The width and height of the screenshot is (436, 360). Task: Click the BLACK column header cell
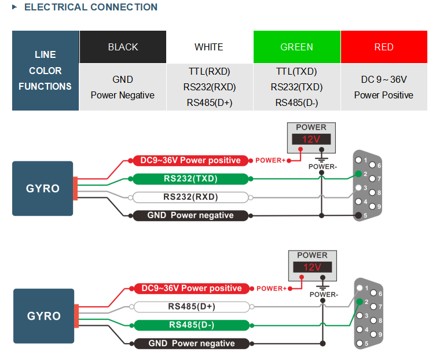(123, 47)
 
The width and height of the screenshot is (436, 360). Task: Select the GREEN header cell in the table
(296, 47)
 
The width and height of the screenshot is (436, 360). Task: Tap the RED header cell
(384, 47)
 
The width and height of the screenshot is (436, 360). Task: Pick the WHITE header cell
(209, 47)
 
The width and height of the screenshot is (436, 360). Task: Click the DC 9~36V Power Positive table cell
(384, 87)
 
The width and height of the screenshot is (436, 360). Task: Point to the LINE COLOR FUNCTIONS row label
(45, 71)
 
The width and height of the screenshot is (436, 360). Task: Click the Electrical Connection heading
(91, 7)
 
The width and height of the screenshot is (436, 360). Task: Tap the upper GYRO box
(42, 189)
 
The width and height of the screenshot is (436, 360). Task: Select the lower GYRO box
(43, 316)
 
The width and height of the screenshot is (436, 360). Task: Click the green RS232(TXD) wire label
(190, 179)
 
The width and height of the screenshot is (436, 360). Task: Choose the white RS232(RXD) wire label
(190, 197)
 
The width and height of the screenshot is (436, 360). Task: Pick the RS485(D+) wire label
(192, 307)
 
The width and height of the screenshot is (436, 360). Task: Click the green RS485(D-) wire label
(192, 325)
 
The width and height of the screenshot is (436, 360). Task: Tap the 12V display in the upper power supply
(311, 139)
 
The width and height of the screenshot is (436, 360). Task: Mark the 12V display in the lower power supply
(312, 267)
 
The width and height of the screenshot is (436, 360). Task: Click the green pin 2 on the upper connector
(358, 174)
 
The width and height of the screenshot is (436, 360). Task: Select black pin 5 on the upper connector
(358, 215)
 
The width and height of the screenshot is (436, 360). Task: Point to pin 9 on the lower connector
(373, 334)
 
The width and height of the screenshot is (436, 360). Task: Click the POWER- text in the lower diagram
(324, 295)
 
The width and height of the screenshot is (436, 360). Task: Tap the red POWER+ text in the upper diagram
(270, 160)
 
